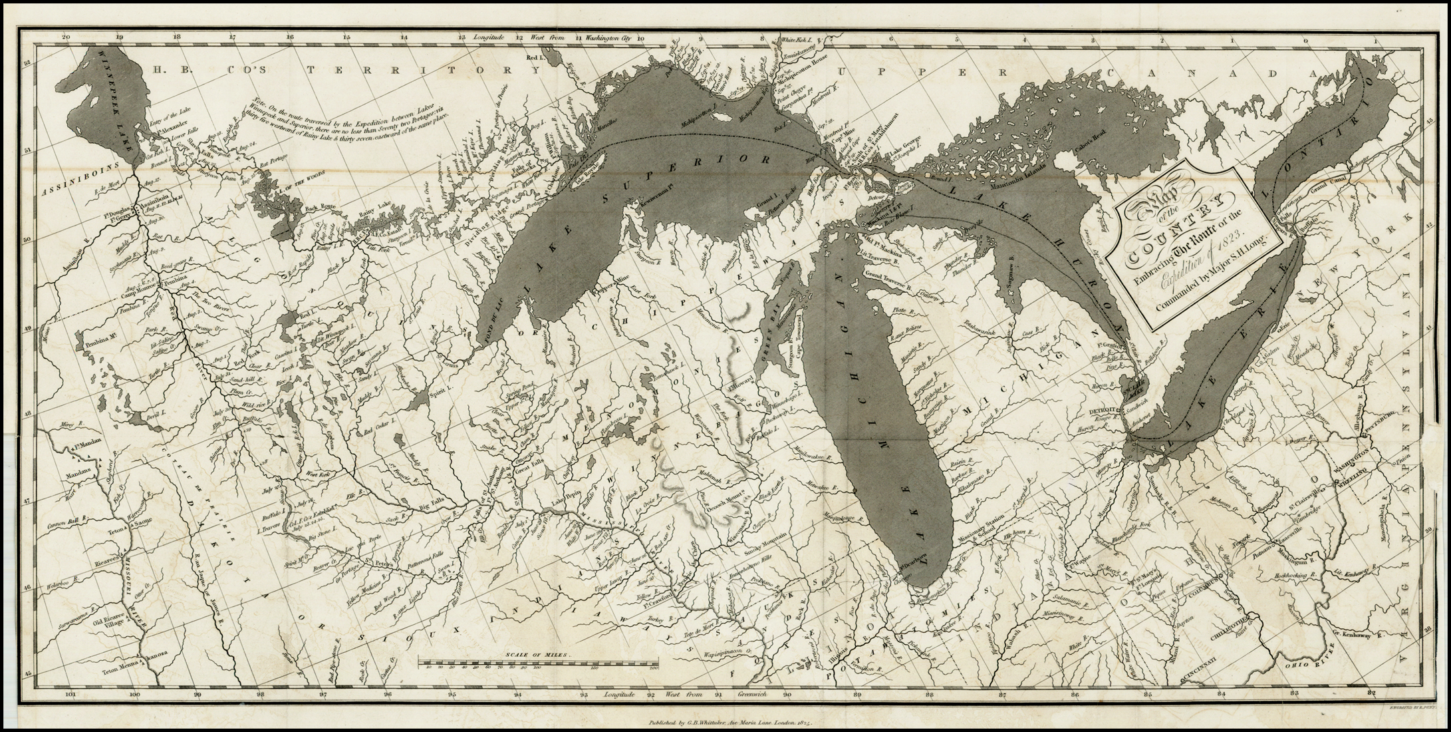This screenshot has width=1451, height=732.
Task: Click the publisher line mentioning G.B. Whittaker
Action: (725, 721)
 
